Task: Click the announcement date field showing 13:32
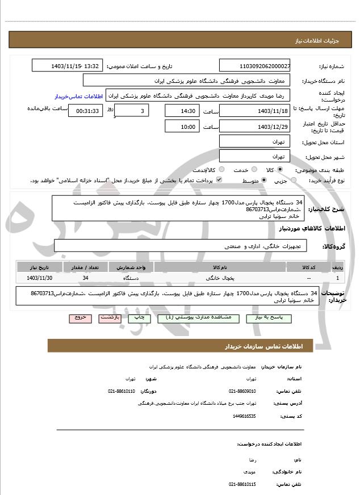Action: click(68, 66)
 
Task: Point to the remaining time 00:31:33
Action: click(86, 111)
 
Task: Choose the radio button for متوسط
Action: click(264, 180)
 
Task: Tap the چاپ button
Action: click(139, 318)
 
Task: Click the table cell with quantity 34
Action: click(85, 278)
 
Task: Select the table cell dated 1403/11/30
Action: click(40, 278)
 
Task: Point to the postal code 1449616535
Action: click(244, 416)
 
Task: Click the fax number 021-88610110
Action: click(122, 391)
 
